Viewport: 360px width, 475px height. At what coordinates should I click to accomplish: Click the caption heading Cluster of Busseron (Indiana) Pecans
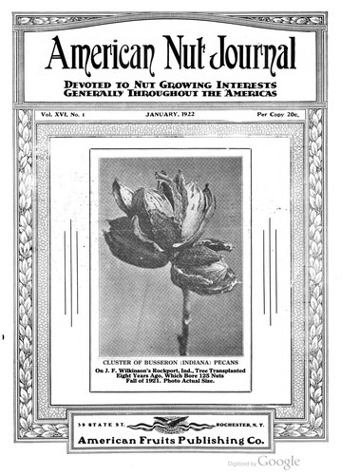(171, 363)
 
